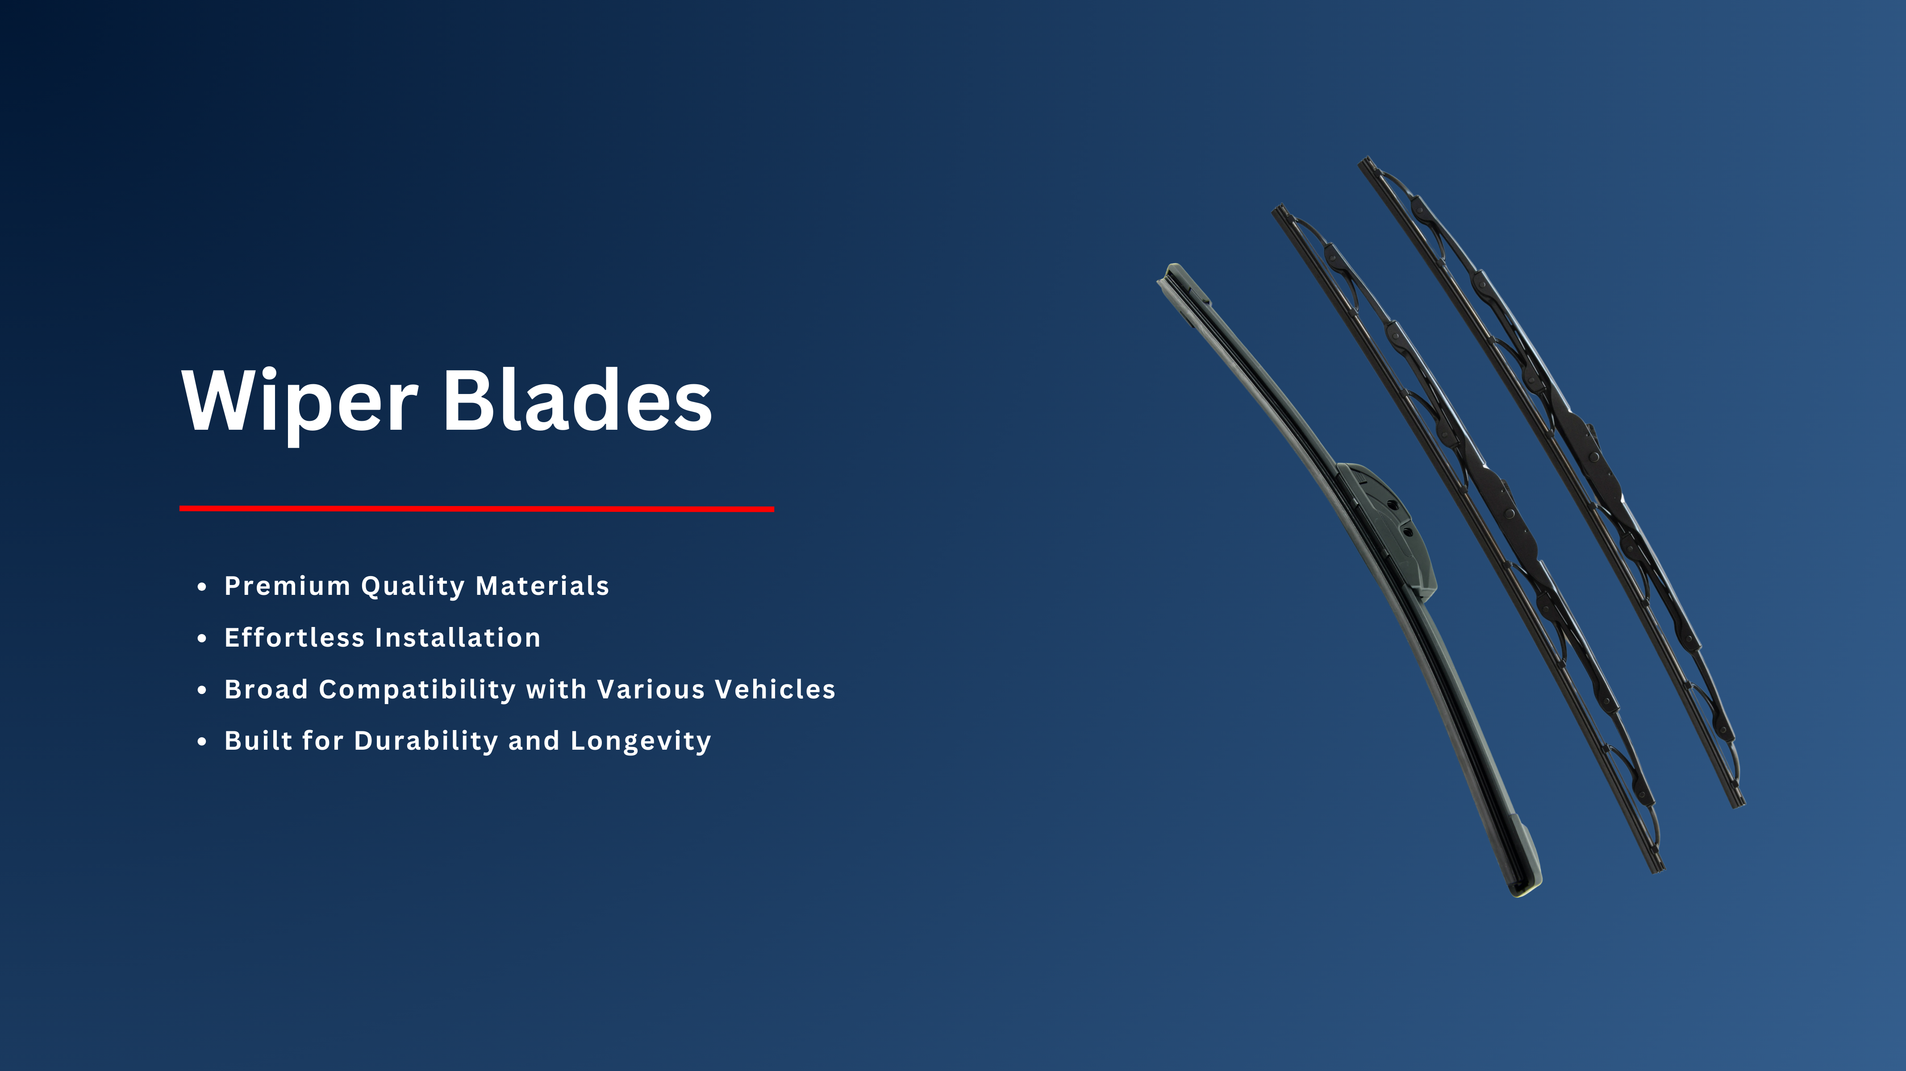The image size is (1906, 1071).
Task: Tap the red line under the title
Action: [476, 509]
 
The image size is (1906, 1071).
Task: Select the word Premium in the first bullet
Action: [287, 586]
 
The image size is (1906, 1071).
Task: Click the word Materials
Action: [542, 586]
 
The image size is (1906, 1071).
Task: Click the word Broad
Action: [267, 689]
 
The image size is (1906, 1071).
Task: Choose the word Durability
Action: [426, 742]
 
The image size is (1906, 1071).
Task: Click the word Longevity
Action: [641, 742]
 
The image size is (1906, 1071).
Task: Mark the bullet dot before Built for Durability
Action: [202, 742]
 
